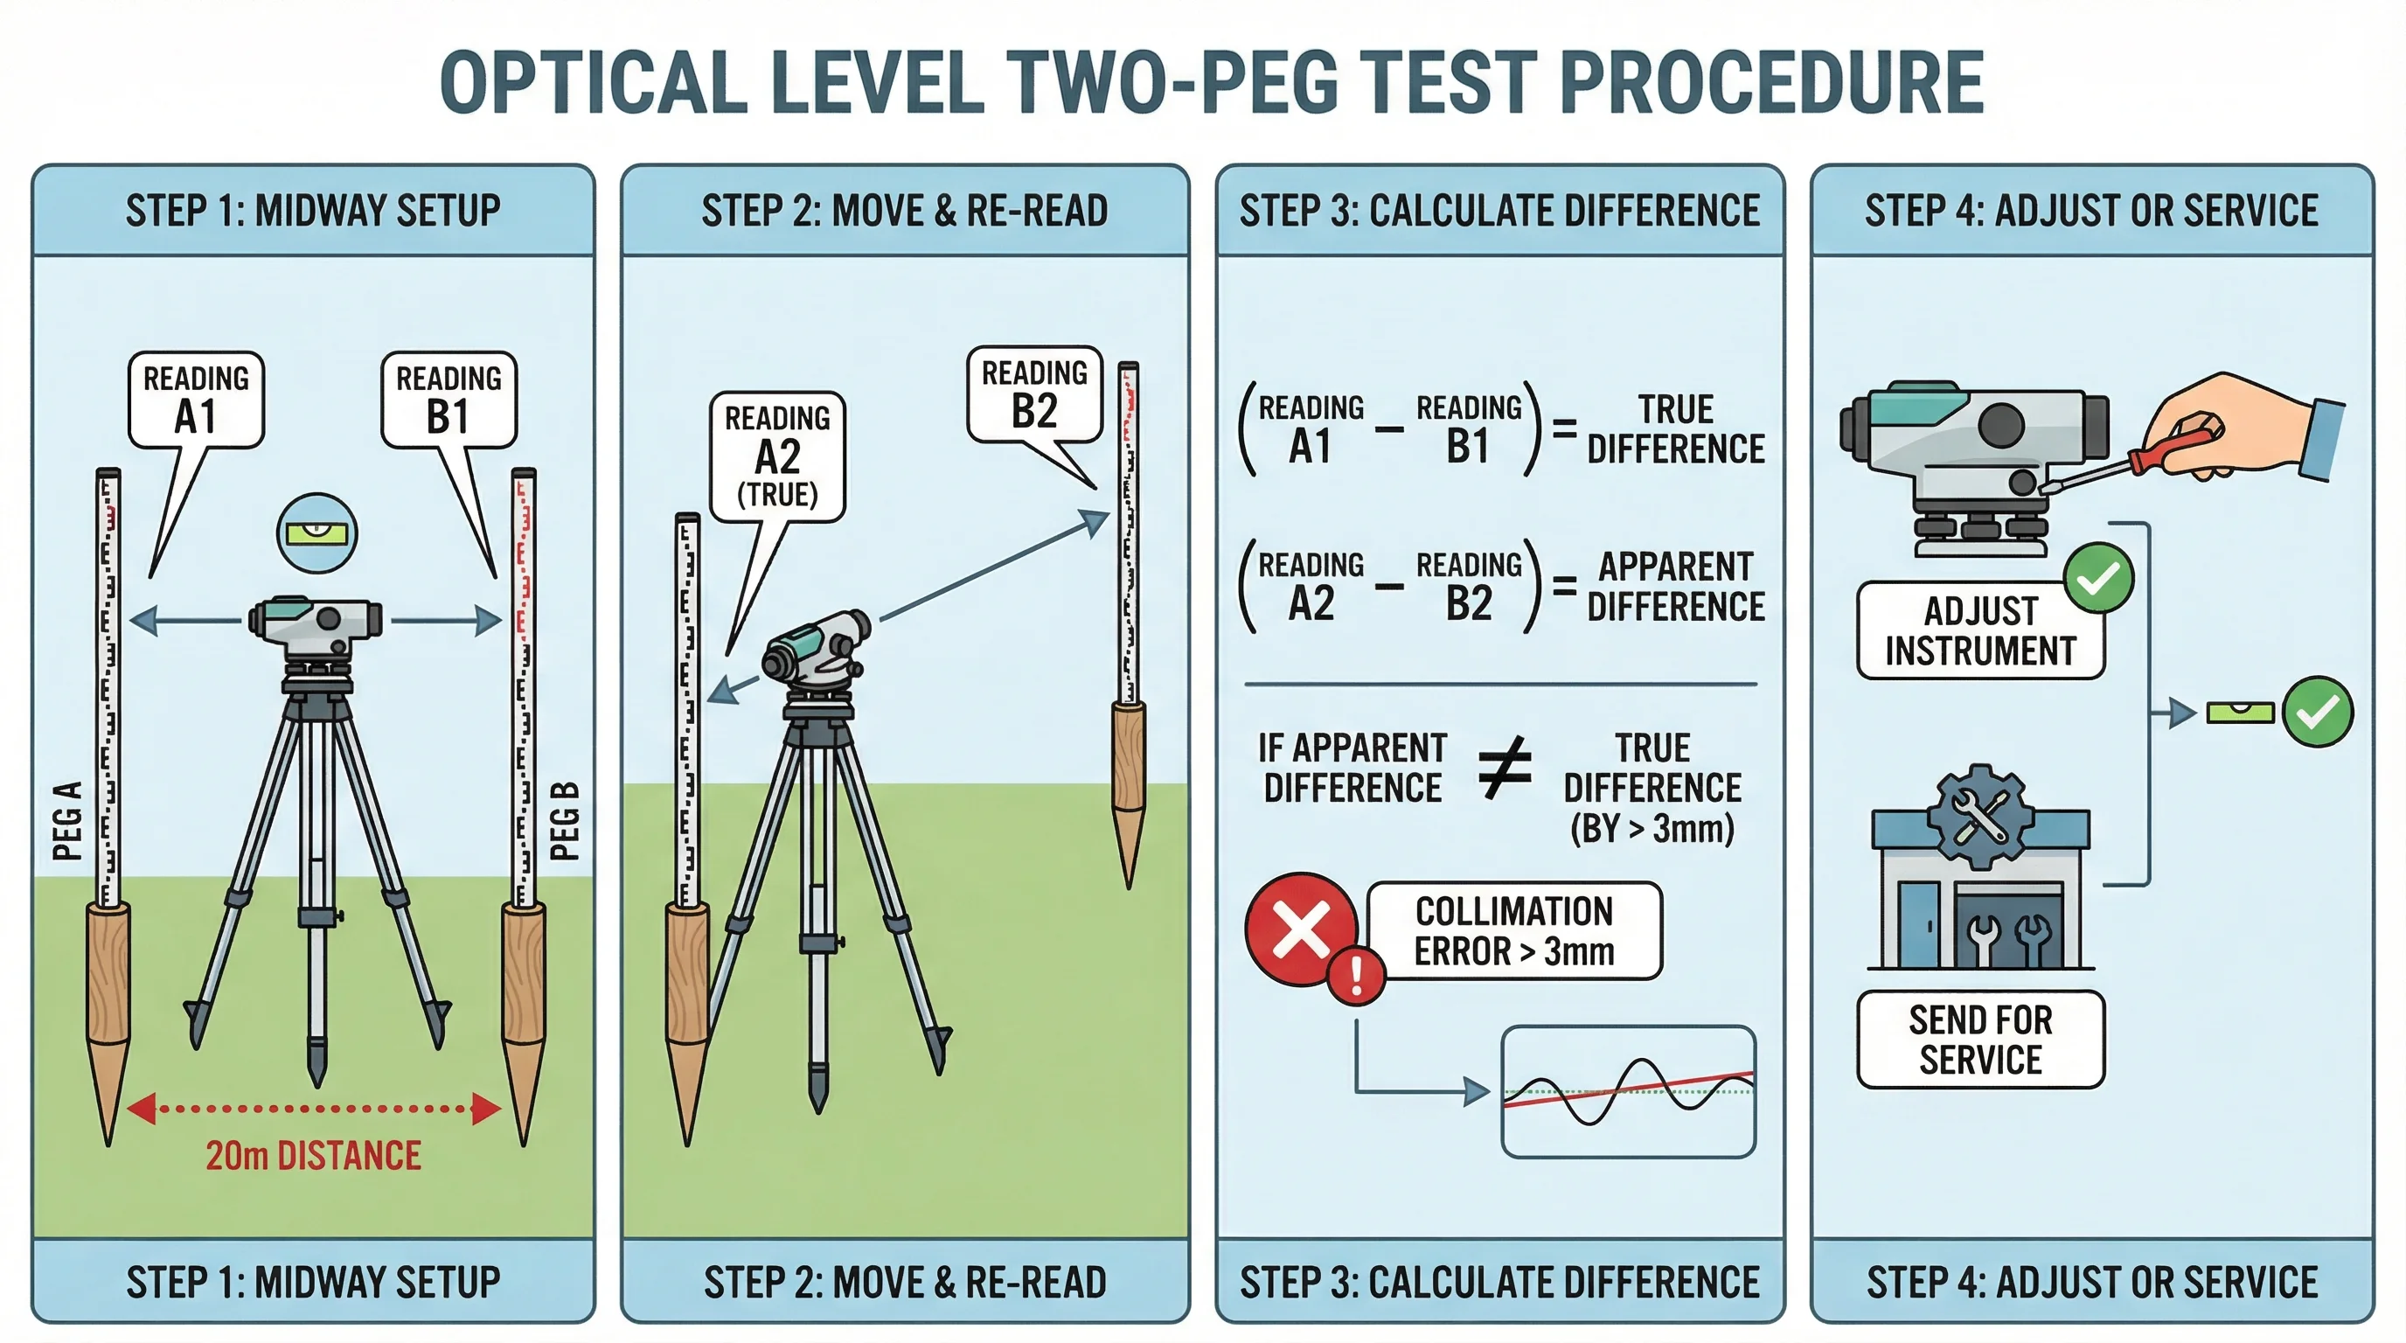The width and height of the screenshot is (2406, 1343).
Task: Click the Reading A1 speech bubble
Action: pos(196,400)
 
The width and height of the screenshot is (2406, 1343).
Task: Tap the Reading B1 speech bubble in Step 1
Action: pos(449,400)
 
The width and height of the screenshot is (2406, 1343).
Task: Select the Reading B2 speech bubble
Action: pos(1034,394)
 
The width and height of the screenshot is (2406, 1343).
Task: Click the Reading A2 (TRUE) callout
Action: pos(777,456)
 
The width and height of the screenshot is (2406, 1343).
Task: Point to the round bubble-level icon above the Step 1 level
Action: pos(317,533)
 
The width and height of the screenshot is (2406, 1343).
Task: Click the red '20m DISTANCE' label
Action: pos(313,1156)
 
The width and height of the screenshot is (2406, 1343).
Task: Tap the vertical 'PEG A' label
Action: pos(67,821)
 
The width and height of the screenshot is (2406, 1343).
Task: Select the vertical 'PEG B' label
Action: pos(564,821)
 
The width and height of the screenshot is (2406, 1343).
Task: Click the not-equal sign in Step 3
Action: pos(1505,768)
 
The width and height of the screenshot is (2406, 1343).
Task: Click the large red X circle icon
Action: pos(1301,929)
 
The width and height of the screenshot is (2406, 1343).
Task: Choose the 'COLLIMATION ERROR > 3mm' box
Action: pos(1514,931)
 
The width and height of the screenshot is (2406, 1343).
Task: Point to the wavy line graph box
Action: pos(1628,1092)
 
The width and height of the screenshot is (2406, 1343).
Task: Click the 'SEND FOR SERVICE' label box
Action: pos(1980,1040)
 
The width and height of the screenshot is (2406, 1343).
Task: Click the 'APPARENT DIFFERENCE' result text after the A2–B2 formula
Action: pos(1676,587)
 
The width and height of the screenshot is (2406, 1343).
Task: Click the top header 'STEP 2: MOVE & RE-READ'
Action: pos(904,211)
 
